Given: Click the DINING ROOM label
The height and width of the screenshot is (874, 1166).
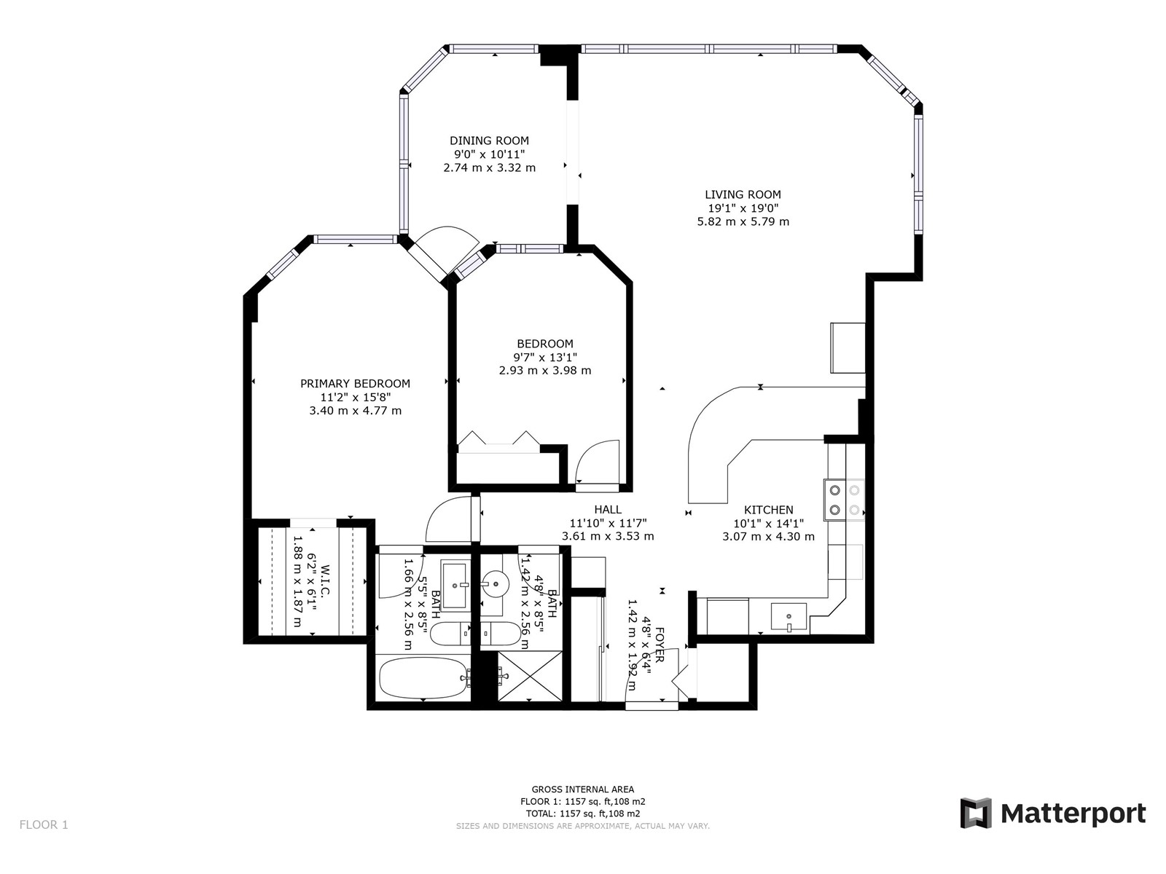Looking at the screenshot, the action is [x=489, y=141].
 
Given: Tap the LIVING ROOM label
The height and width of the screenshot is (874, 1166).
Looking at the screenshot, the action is [x=743, y=194].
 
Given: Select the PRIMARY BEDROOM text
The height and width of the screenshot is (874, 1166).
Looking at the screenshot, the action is [x=355, y=383].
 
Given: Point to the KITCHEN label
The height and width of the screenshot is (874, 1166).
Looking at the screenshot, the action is [x=768, y=510].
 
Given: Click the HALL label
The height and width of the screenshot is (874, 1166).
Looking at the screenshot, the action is [x=608, y=509].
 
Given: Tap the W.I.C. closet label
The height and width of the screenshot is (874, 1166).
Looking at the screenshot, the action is [x=325, y=582].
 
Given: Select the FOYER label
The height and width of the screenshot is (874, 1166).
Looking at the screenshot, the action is [x=660, y=645].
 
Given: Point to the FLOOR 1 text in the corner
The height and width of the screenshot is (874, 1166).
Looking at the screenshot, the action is [x=44, y=824].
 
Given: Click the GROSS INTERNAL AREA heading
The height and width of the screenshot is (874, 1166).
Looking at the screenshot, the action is [x=583, y=790].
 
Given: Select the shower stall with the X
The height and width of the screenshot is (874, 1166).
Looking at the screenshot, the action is [x=530, y=676].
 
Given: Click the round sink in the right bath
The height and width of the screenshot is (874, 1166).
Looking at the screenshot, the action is [x=495, y=584].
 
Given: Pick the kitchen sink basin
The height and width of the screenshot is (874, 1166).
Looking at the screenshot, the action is [x=789, y=617].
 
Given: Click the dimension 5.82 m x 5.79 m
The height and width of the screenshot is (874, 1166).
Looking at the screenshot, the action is [x=743, y=222].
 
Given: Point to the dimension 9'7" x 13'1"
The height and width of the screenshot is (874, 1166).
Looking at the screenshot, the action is [x=545, y=357].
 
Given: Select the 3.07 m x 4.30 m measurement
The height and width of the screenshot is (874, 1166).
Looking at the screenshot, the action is [x=768, y=537].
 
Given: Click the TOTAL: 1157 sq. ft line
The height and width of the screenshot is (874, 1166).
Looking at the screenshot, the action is [x=583, y=814].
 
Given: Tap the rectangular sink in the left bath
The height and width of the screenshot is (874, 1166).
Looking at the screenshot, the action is [x=455, y=585].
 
